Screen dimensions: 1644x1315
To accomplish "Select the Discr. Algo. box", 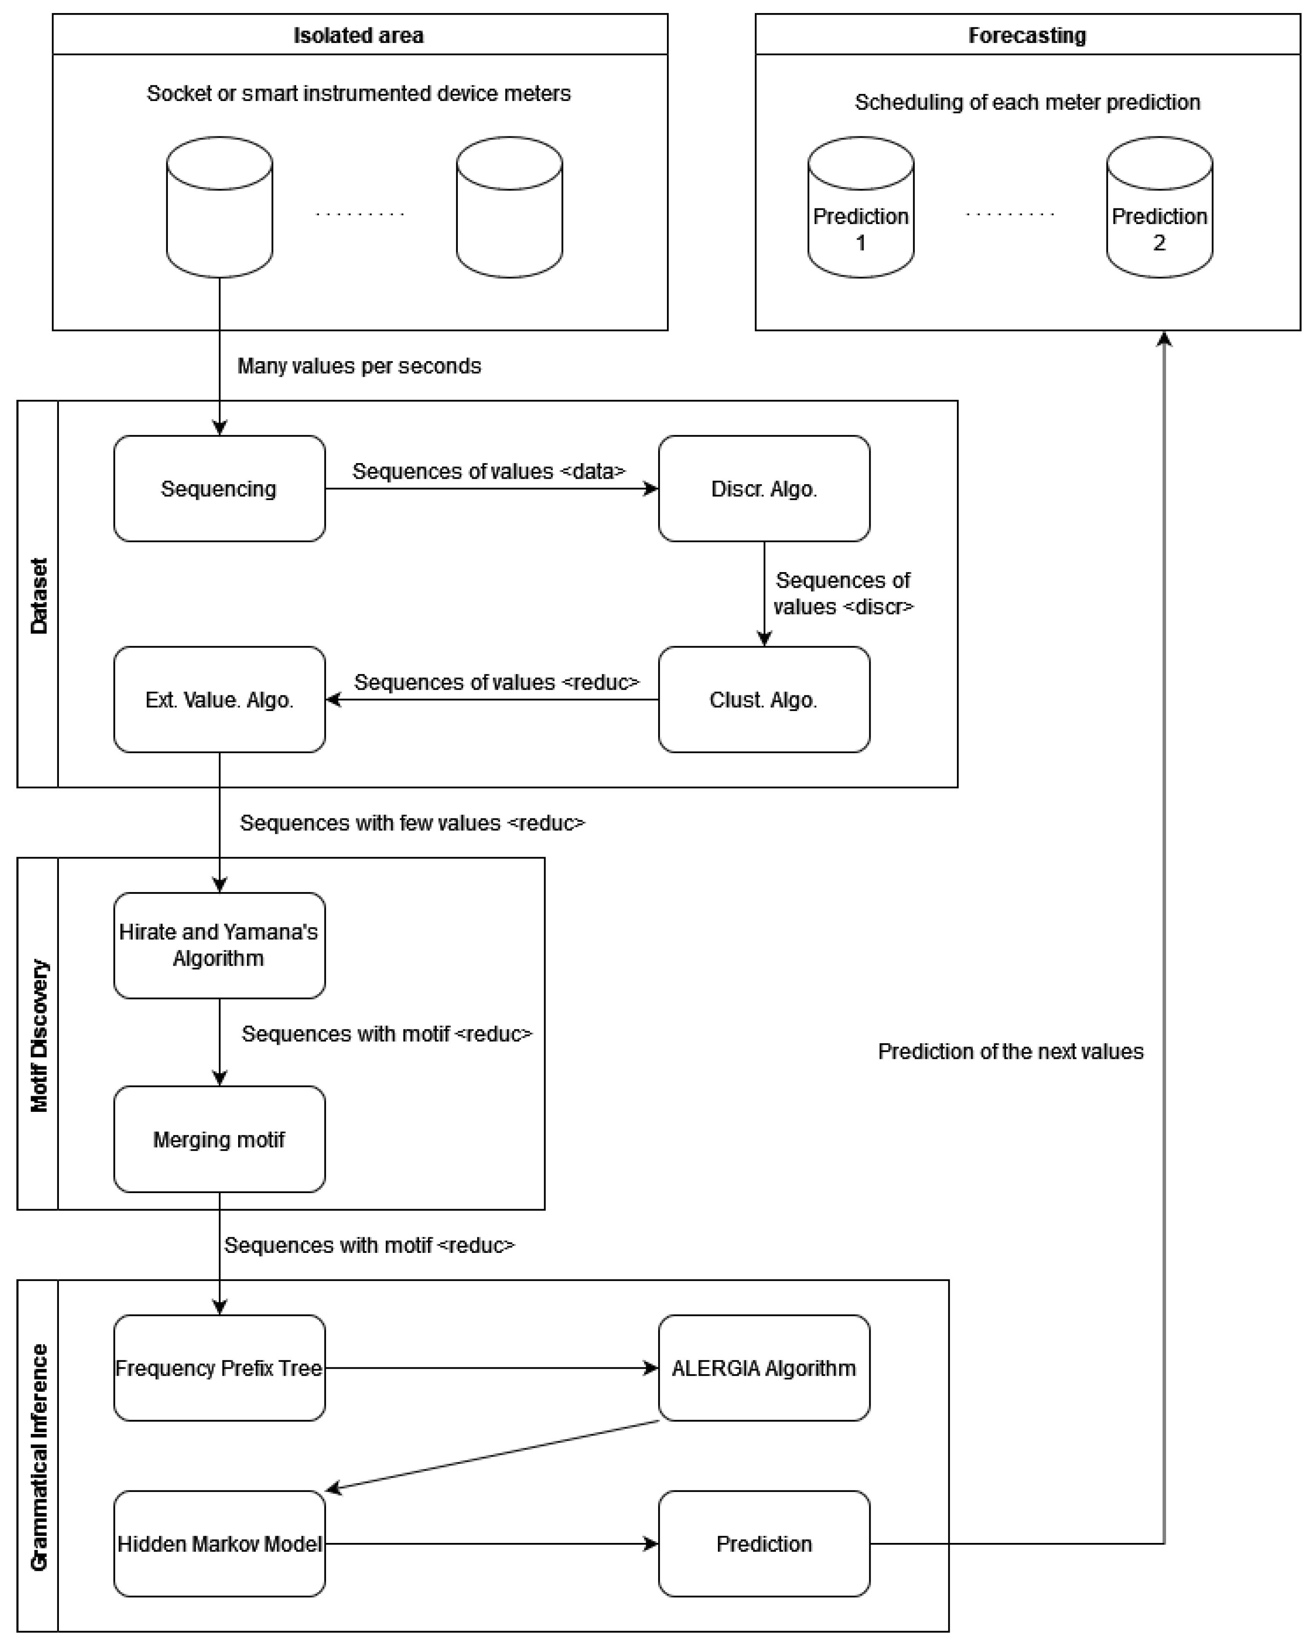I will (x=764, y=489).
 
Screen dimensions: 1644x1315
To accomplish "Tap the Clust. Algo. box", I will (x=764, y=699).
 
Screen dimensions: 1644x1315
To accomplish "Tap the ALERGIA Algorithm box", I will (x=764, y=1368).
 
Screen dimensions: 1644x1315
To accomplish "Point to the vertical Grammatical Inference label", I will (x=38, y=1456).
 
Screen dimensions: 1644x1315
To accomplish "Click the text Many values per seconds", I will (x=359, y=366).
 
